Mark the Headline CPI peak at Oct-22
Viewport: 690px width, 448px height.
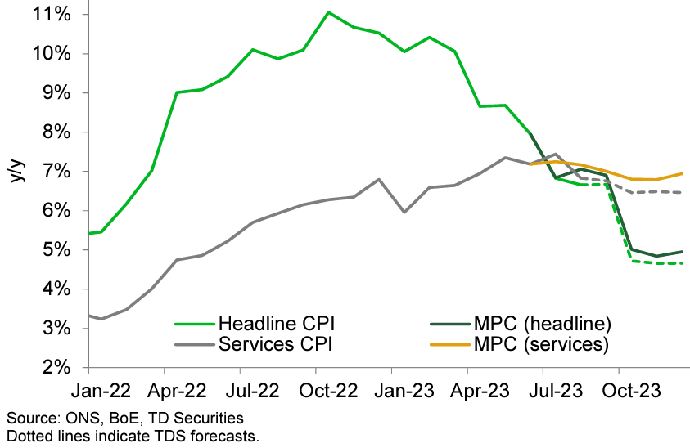328,12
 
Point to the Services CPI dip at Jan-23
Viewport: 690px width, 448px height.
404,212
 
